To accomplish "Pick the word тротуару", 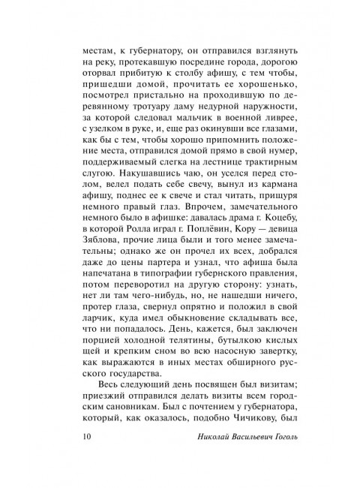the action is [138, 107].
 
